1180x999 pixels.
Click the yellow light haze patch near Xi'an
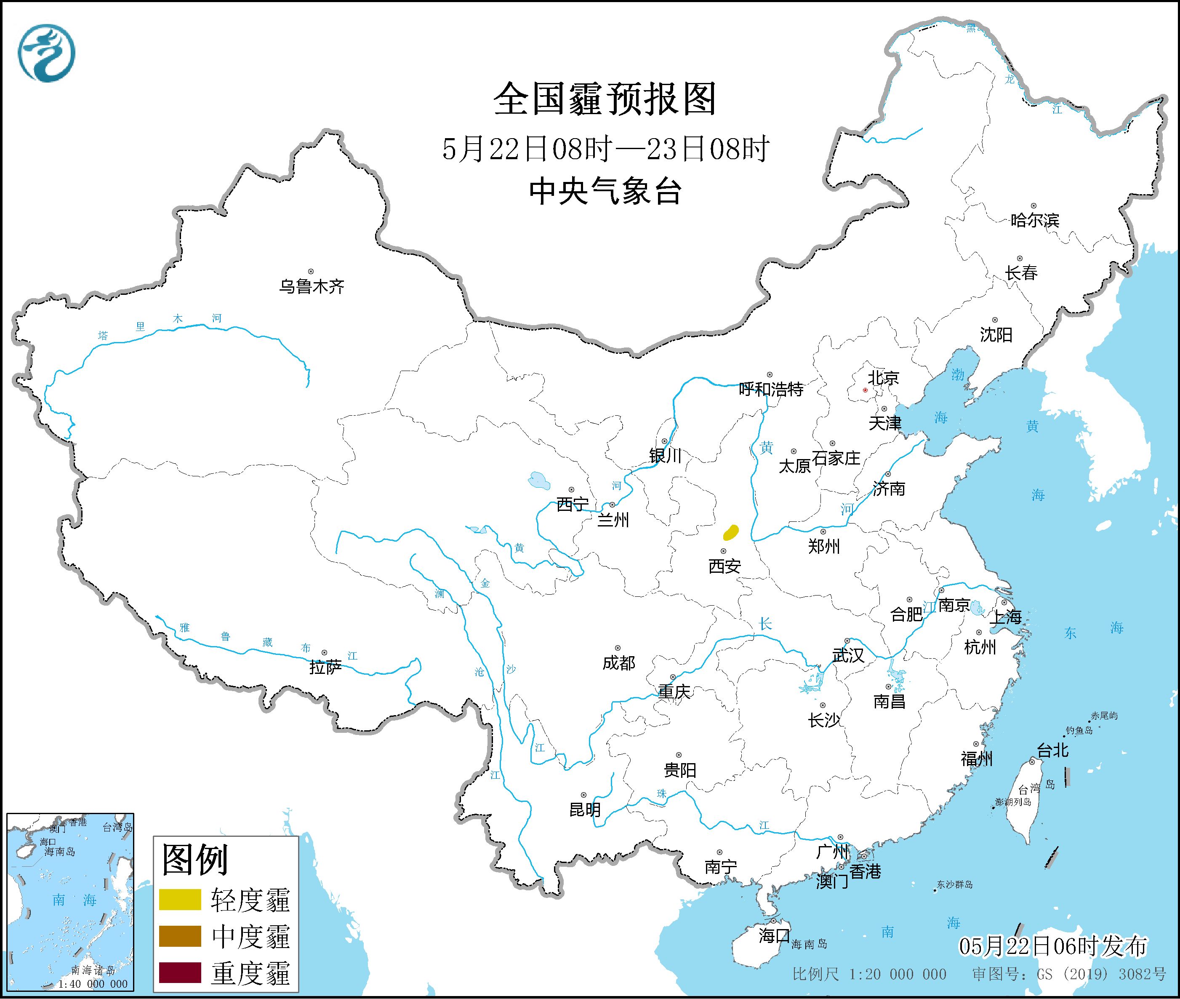[731, 532]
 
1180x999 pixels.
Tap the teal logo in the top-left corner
[46, 53]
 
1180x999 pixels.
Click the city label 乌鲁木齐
[311, 286]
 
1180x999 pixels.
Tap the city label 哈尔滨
[1034, 220]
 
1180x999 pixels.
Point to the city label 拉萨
[325, 667]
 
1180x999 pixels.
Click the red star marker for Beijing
[865, 390]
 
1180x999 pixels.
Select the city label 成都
[618, 662]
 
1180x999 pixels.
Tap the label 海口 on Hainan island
[774, 935]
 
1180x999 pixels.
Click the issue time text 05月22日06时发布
[1053, 946]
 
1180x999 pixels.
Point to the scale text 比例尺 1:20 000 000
[869, 974]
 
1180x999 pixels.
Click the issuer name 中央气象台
[605, 191]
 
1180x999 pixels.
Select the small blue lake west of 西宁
[538, 481]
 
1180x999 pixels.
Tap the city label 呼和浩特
[771, 389]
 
